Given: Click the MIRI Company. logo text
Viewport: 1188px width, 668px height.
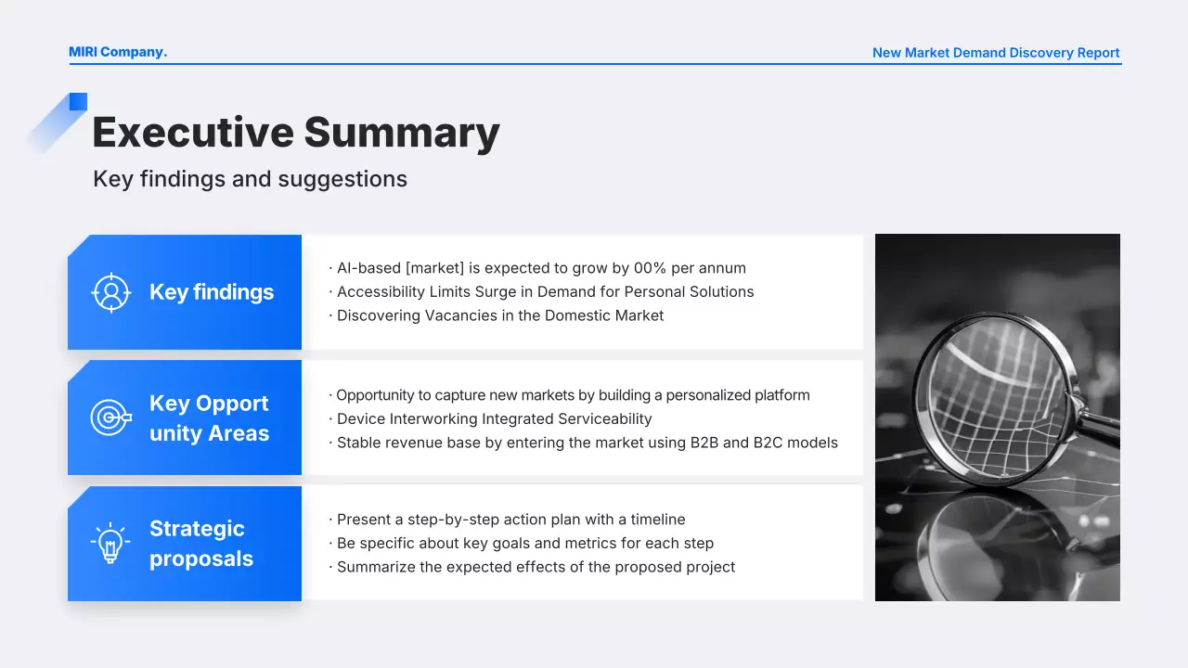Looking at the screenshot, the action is [118, 52].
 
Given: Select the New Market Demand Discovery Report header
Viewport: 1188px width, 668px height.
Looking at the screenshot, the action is [996, 53].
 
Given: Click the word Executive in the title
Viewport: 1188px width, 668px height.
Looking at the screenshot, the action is [193, 133].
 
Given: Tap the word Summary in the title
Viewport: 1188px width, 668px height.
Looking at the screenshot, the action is [402, 134].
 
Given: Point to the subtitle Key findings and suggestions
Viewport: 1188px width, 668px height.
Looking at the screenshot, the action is [250, 179].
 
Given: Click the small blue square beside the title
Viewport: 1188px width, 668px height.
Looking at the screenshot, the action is [78, 102].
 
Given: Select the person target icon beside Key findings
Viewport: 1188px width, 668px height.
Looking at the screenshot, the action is [110, 292].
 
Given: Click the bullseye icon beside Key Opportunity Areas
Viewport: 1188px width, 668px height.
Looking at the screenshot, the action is [110, 417].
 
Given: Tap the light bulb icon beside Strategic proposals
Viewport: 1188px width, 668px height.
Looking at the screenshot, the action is [110, 543].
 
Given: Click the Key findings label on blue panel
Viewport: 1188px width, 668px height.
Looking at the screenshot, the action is [212, 292].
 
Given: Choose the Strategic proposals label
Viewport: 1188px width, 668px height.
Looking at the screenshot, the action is [201, 544].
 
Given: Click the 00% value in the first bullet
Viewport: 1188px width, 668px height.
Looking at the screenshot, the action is [650, 268].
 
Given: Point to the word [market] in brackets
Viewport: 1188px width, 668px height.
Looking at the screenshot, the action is [435, 268].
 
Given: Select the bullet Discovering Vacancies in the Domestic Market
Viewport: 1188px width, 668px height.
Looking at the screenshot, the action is [497, 316].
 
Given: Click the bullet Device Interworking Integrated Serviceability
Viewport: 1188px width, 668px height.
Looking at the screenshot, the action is [491, 419].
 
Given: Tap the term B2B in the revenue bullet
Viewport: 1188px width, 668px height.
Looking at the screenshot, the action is [704, 443].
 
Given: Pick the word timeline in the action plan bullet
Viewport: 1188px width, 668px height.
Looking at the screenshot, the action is [658, 520].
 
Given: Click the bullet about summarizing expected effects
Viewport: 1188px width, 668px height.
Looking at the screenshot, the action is [532, 567].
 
